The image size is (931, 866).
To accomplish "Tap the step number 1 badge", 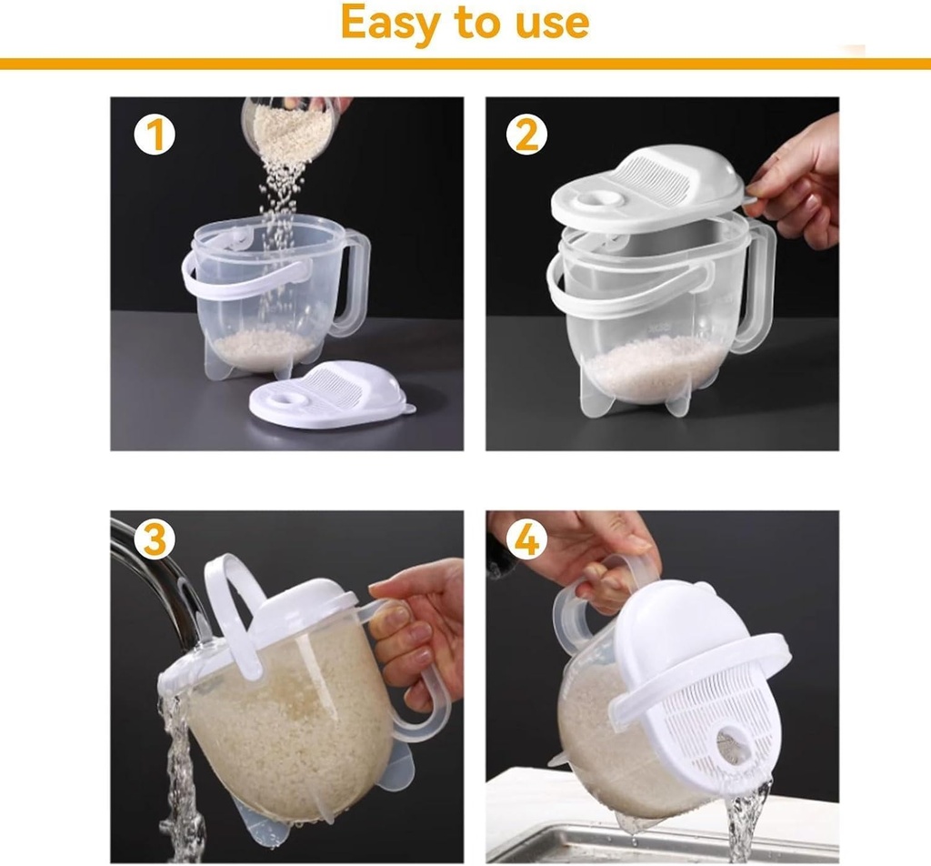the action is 155,135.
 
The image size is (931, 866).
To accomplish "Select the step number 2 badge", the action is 526,135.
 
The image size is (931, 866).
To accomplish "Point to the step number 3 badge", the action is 155,539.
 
